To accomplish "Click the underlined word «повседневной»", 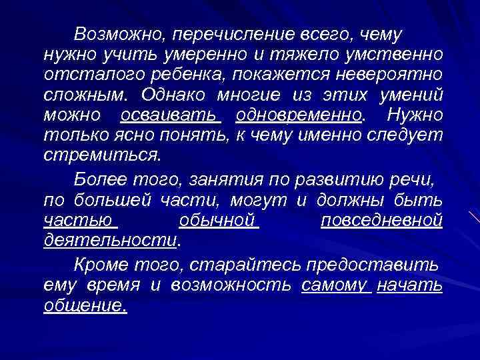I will (x=381, y=219).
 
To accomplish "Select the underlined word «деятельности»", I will (x=111, y=239).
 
